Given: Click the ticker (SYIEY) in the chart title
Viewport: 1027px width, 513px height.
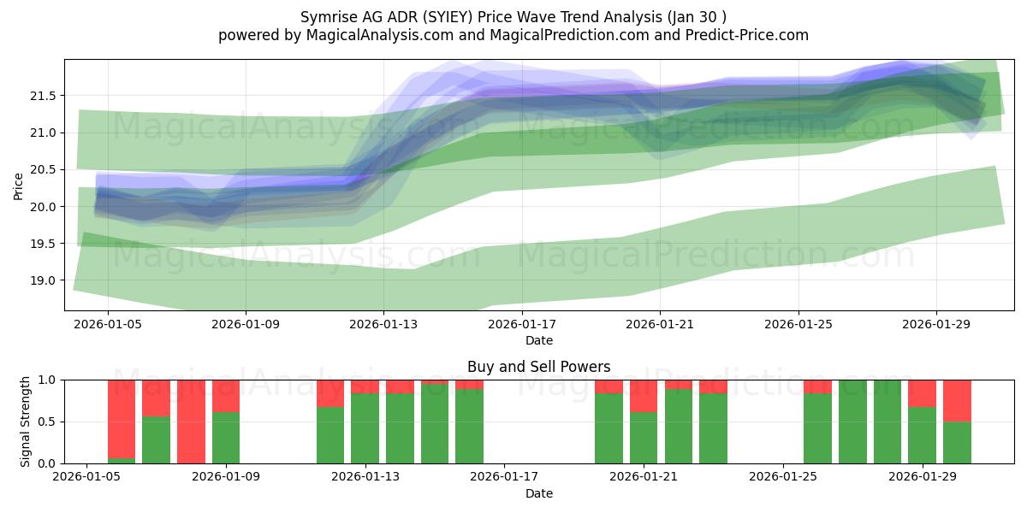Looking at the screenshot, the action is [448, 17].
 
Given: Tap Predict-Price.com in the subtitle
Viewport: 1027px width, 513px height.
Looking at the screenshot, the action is [747, 35].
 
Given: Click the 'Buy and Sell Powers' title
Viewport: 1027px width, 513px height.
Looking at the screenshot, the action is [538, 367].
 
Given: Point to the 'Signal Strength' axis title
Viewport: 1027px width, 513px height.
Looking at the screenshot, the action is [25, 422].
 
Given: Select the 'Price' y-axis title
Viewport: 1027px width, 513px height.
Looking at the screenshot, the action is [18, 186].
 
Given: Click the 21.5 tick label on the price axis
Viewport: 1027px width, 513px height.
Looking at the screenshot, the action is [43, 96].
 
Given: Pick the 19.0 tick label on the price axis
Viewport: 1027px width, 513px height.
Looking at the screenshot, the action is [43, 280].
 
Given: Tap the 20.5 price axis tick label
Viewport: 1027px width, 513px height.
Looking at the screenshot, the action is [43, 169].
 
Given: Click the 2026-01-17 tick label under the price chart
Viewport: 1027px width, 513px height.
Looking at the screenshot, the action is [522, 324].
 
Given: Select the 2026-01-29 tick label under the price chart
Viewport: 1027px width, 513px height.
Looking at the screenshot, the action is [936, 324].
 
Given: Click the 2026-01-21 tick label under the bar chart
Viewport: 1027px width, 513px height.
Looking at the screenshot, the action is [644, 476].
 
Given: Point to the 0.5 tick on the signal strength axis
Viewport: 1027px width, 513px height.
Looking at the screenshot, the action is [47, 422].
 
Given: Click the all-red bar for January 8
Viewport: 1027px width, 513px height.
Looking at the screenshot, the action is [191, 422].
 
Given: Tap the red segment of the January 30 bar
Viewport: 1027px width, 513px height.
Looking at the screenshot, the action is [958, 401].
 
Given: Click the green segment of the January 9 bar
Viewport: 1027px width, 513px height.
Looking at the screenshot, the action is [226, 438].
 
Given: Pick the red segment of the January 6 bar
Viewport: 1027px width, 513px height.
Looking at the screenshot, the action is [122, 419].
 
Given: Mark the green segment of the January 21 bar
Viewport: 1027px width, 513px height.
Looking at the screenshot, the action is [644, 438].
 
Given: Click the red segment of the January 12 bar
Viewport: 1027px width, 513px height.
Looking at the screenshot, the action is [330, 393].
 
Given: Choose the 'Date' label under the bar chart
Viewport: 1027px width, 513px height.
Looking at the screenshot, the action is [538, 493].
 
